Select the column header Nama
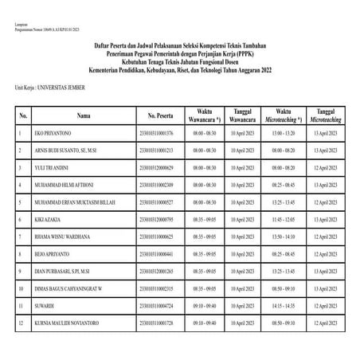[x=84, y=114]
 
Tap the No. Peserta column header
[x=155, y=114]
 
